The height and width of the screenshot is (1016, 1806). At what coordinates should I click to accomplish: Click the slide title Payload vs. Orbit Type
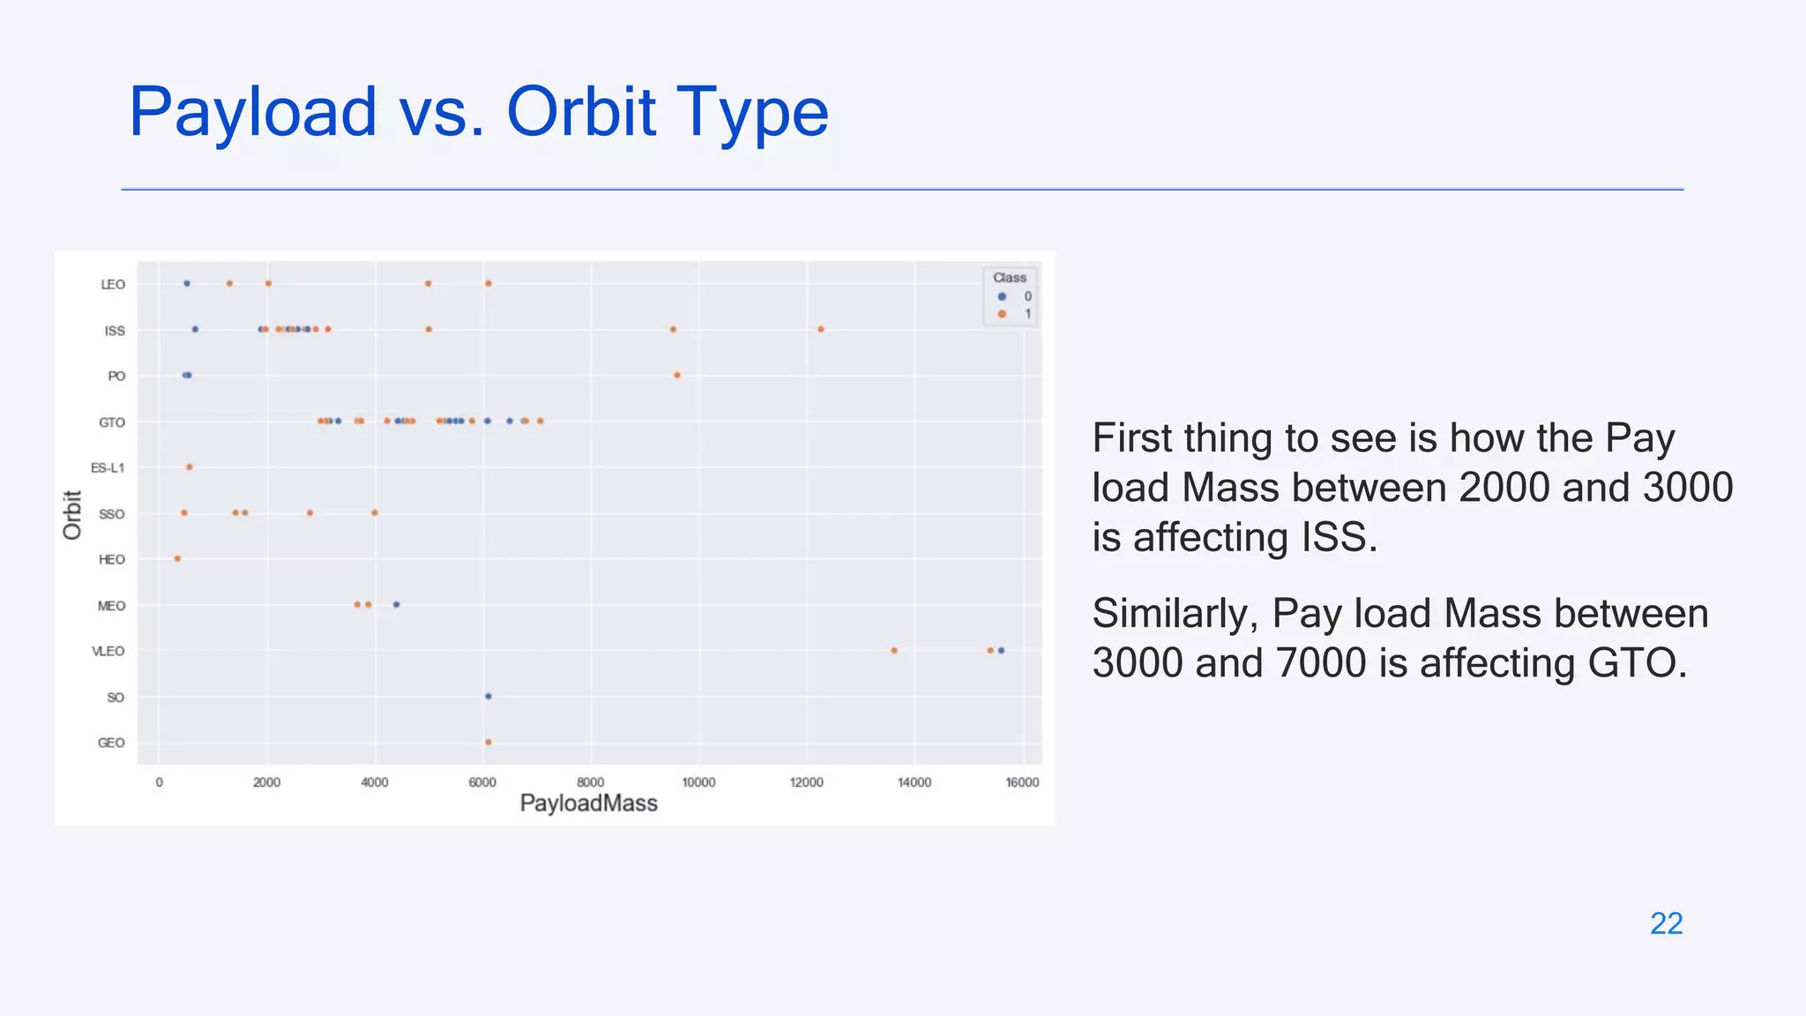pyautogui.click(x=478, y=113)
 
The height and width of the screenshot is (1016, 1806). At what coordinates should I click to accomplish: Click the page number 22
pyautogui.click(x=1666, y=923)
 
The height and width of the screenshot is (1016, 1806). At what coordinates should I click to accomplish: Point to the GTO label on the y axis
pyautogui.click(x=112, y=422)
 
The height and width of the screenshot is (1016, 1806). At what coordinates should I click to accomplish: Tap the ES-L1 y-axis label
pyautogui.click(x=108, y=468)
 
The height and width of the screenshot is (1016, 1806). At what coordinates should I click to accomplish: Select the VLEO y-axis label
pyautogui.click(x=108, y=652)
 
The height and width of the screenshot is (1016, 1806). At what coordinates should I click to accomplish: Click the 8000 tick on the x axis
pyautogui.click(x=590, y=782)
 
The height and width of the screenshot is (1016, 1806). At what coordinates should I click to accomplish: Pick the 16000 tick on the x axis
pyautogui.click(x=1021, y=782)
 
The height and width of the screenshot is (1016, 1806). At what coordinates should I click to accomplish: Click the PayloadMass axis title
pyautogui.click(x=588, y=803)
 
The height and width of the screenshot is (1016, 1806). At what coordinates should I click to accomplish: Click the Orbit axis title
pyautogui.click(x=72, y=515)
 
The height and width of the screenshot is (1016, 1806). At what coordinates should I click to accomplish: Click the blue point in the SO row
pyautogui.click(x=489, y=697)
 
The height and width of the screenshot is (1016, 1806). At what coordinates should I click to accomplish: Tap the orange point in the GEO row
pyautogui.click(x=489, y=743)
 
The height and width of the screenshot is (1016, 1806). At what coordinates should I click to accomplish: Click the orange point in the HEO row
pyautogui.click(x=178, y=559)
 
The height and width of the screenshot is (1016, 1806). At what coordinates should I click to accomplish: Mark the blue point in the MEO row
pyautogui.click(x=396, y=605)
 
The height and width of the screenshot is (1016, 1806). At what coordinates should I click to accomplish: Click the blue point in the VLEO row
pyautogui.click(x=1001, y=651)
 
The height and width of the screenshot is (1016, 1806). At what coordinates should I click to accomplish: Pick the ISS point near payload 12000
pyautogui.click(x=821, y=330)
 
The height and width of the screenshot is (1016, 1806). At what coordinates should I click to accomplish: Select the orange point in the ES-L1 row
pyautogui.click(x=190, y=467)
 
